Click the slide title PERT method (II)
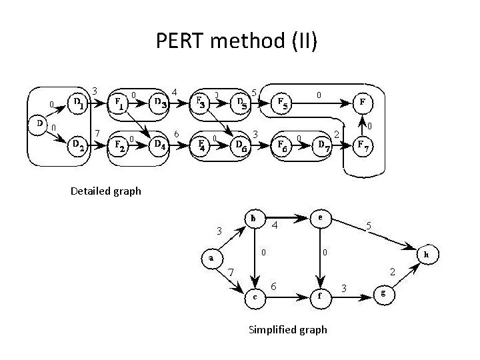(x=237, y=41)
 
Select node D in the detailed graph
(x=39, y=124)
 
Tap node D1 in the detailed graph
(x=78, y=103)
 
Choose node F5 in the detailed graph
(x=283, y=103)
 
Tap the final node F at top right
(x=361, y=103)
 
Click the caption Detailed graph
(x=106, y=191)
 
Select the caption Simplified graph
(x=287, y=329)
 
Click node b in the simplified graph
(x=254, y=219)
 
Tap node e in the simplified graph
(x=321, y=219)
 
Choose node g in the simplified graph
(x=383, y=294)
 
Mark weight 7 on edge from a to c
(x=231, y=272)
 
